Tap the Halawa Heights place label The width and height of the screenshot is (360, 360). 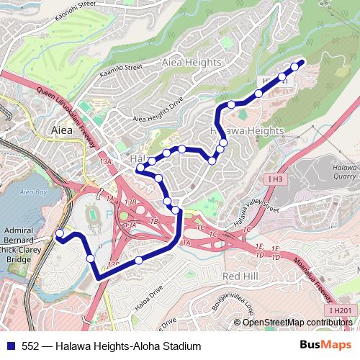tap(247, 131)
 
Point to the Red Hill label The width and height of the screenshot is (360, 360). tap(240, 276)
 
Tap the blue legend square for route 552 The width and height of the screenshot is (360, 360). tap(10, 346)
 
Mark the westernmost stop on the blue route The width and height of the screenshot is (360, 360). tap(60, 233)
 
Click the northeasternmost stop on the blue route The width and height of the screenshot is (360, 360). tap(294, 67)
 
